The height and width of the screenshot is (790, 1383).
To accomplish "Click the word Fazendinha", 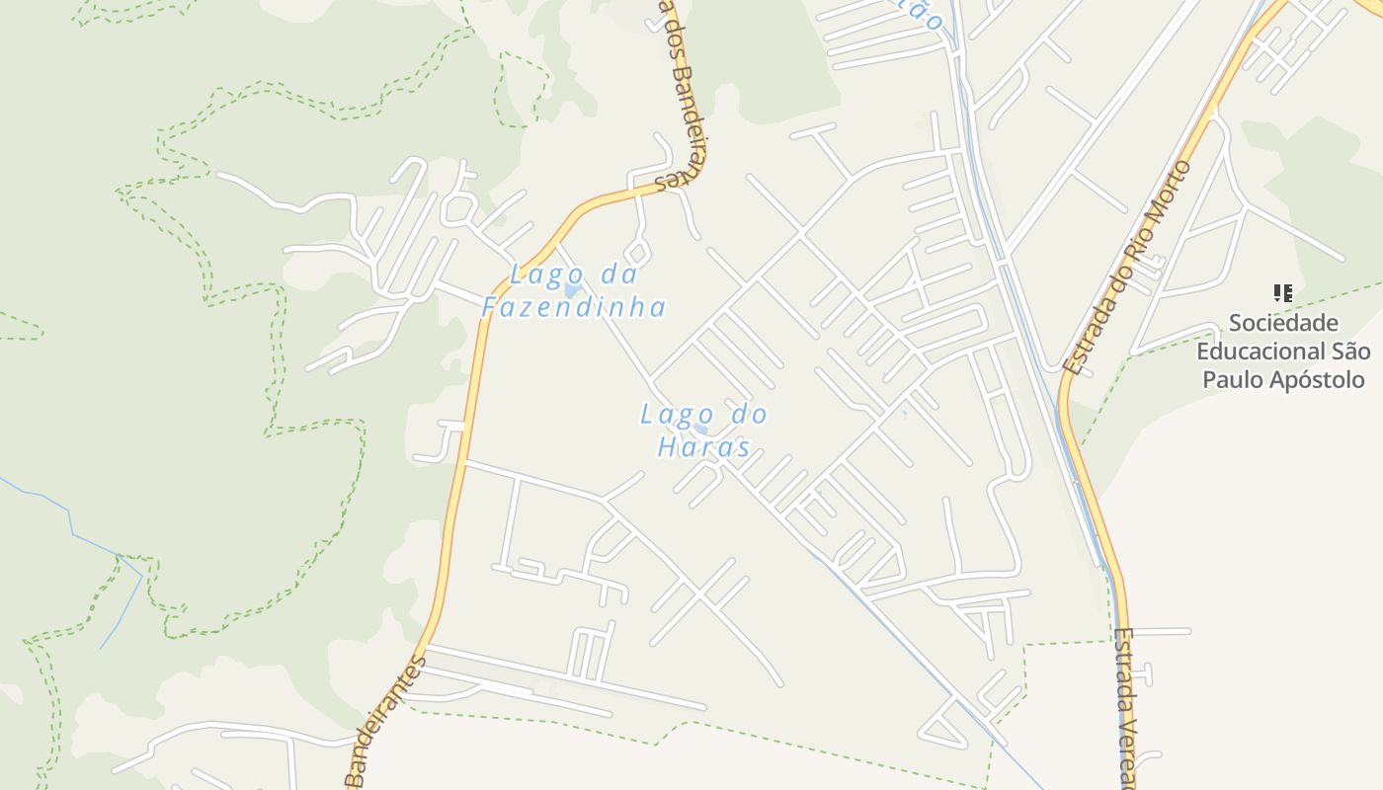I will point(574,307).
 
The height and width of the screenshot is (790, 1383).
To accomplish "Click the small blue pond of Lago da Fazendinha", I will point(571,291).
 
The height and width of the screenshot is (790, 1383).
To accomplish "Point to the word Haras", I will point(703,447).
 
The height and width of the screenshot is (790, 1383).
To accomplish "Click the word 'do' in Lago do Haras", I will point(748,414).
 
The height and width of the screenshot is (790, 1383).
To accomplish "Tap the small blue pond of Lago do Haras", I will point(702,430).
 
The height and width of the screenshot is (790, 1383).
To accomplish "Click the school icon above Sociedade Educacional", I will point(1283,292).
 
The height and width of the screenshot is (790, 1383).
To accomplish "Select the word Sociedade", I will point(1283,323).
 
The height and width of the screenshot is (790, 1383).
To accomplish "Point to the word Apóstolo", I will point(1319,380).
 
